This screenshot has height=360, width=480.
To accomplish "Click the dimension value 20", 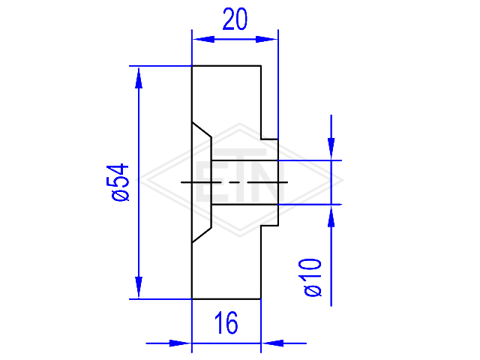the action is (x=235, y=19).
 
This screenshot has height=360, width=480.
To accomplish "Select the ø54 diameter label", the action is (x=118, y=182).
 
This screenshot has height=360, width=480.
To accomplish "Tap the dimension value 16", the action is (x=226, y=322).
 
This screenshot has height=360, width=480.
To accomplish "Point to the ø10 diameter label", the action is (x=312, y=277).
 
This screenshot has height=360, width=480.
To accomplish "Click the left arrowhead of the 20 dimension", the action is (x=203, y=40).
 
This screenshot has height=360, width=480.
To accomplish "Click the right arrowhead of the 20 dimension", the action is (x=266, y=40).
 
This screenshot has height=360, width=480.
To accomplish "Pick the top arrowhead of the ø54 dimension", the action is (x=139, y=78).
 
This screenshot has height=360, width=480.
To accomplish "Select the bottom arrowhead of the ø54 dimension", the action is (x=139, y=286).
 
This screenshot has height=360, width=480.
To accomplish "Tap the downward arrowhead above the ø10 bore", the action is (x=331, y=148).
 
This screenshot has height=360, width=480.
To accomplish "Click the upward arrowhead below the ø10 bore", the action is (x=331, y=216).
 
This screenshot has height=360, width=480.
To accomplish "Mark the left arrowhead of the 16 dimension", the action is (x=180, y=343).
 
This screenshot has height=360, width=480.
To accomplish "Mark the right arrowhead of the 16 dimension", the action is (x=273, y=343).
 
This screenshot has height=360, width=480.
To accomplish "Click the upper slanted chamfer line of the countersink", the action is (x=202, y=130).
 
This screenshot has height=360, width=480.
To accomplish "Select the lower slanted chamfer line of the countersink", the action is (x=202, y=235).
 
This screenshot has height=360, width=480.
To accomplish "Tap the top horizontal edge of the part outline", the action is (x=226, y=66).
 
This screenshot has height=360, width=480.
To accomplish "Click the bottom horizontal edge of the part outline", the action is (x=226, y=298).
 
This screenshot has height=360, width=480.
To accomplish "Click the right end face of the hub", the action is (x=278, y=182).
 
